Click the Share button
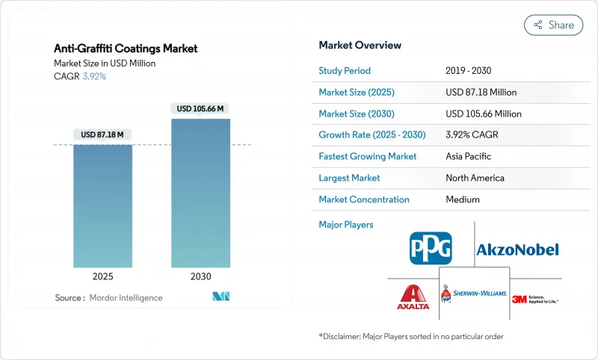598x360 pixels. coord(553,25)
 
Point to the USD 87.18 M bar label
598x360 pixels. coord(103,134)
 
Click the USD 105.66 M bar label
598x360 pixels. coord(200,108)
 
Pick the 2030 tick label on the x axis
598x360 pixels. coord(200,276)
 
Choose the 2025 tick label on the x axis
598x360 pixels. coord(103,276)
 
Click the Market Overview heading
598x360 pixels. coord(360,45)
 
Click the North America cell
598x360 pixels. coord(475,178)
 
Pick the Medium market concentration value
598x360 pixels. coord(463,199)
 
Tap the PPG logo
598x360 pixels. coord(431,248)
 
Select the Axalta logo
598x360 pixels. coord(413,297)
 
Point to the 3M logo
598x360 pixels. coord(534,299)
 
